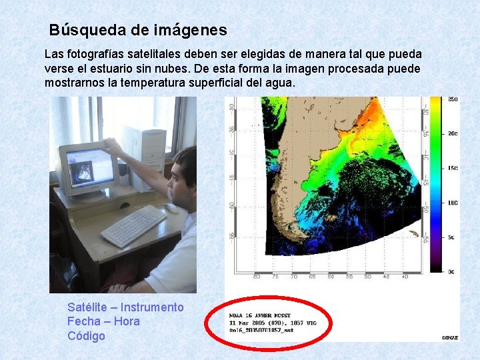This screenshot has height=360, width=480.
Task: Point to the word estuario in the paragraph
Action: click(156, 69)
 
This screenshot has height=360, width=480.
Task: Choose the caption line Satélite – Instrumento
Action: click(125, 307)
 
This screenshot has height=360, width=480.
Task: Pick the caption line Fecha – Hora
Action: click(103, 321)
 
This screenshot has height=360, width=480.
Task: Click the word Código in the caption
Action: click(86, 336)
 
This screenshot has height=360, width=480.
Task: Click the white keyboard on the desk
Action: click(133, 225)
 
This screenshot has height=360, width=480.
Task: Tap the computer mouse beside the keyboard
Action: click(172, 208)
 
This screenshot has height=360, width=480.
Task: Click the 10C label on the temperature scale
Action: click(453, 203)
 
